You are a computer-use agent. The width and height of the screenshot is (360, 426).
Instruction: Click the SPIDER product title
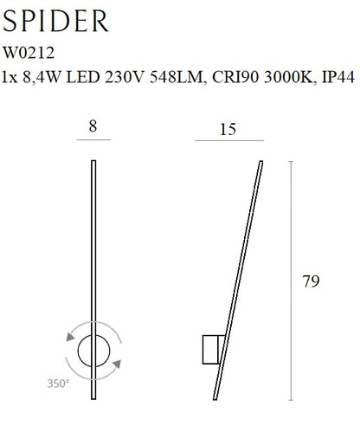tap(55, 21)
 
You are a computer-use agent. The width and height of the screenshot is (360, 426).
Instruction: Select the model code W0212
tap(29, 53)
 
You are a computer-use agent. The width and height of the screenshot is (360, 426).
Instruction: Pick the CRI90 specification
tap(235, 77)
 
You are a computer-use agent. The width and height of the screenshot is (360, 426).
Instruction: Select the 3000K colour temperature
tap(288, 77)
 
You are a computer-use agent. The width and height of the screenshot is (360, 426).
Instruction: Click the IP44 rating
tap(337, 77)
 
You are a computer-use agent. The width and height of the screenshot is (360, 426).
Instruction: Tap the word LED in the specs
tap(83, 77)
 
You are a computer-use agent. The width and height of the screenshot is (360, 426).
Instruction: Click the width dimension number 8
tap(93, 126)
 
